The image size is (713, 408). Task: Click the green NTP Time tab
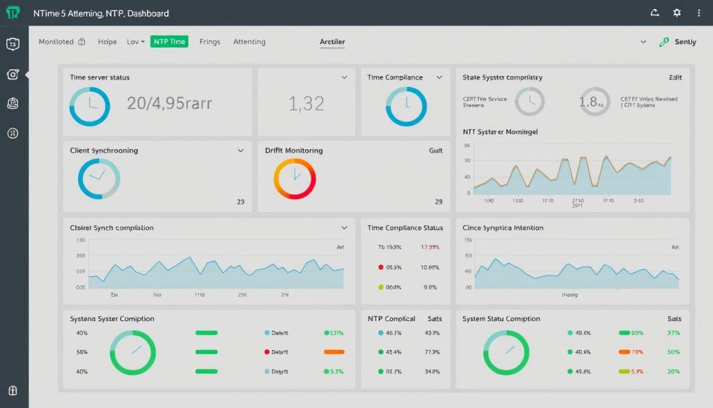click(169, 42)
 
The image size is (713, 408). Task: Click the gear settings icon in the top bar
click(677, 13)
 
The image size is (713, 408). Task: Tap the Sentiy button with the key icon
click(678, 42)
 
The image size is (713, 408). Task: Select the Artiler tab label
click(332, 42)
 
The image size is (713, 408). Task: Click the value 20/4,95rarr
click(169, 104)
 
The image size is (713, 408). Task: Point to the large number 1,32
click(306, 104)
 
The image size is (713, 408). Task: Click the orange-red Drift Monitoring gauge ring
click(295, 179)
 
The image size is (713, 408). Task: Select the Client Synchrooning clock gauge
click(99, 179)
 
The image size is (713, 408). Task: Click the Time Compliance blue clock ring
click(406, 106)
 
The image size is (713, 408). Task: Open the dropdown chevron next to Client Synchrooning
click(241, 150)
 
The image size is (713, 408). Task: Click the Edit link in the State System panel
click(675, 77)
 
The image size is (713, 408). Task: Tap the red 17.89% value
click(430, 248)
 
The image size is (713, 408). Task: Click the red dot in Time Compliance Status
click(380, 267)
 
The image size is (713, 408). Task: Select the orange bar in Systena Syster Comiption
click(334, 352)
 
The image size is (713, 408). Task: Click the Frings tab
click(210, 42)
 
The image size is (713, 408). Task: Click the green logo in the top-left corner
click(13, 13)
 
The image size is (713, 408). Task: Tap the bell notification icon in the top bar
click(654, 13)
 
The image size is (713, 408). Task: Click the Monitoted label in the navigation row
click(56, 42)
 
